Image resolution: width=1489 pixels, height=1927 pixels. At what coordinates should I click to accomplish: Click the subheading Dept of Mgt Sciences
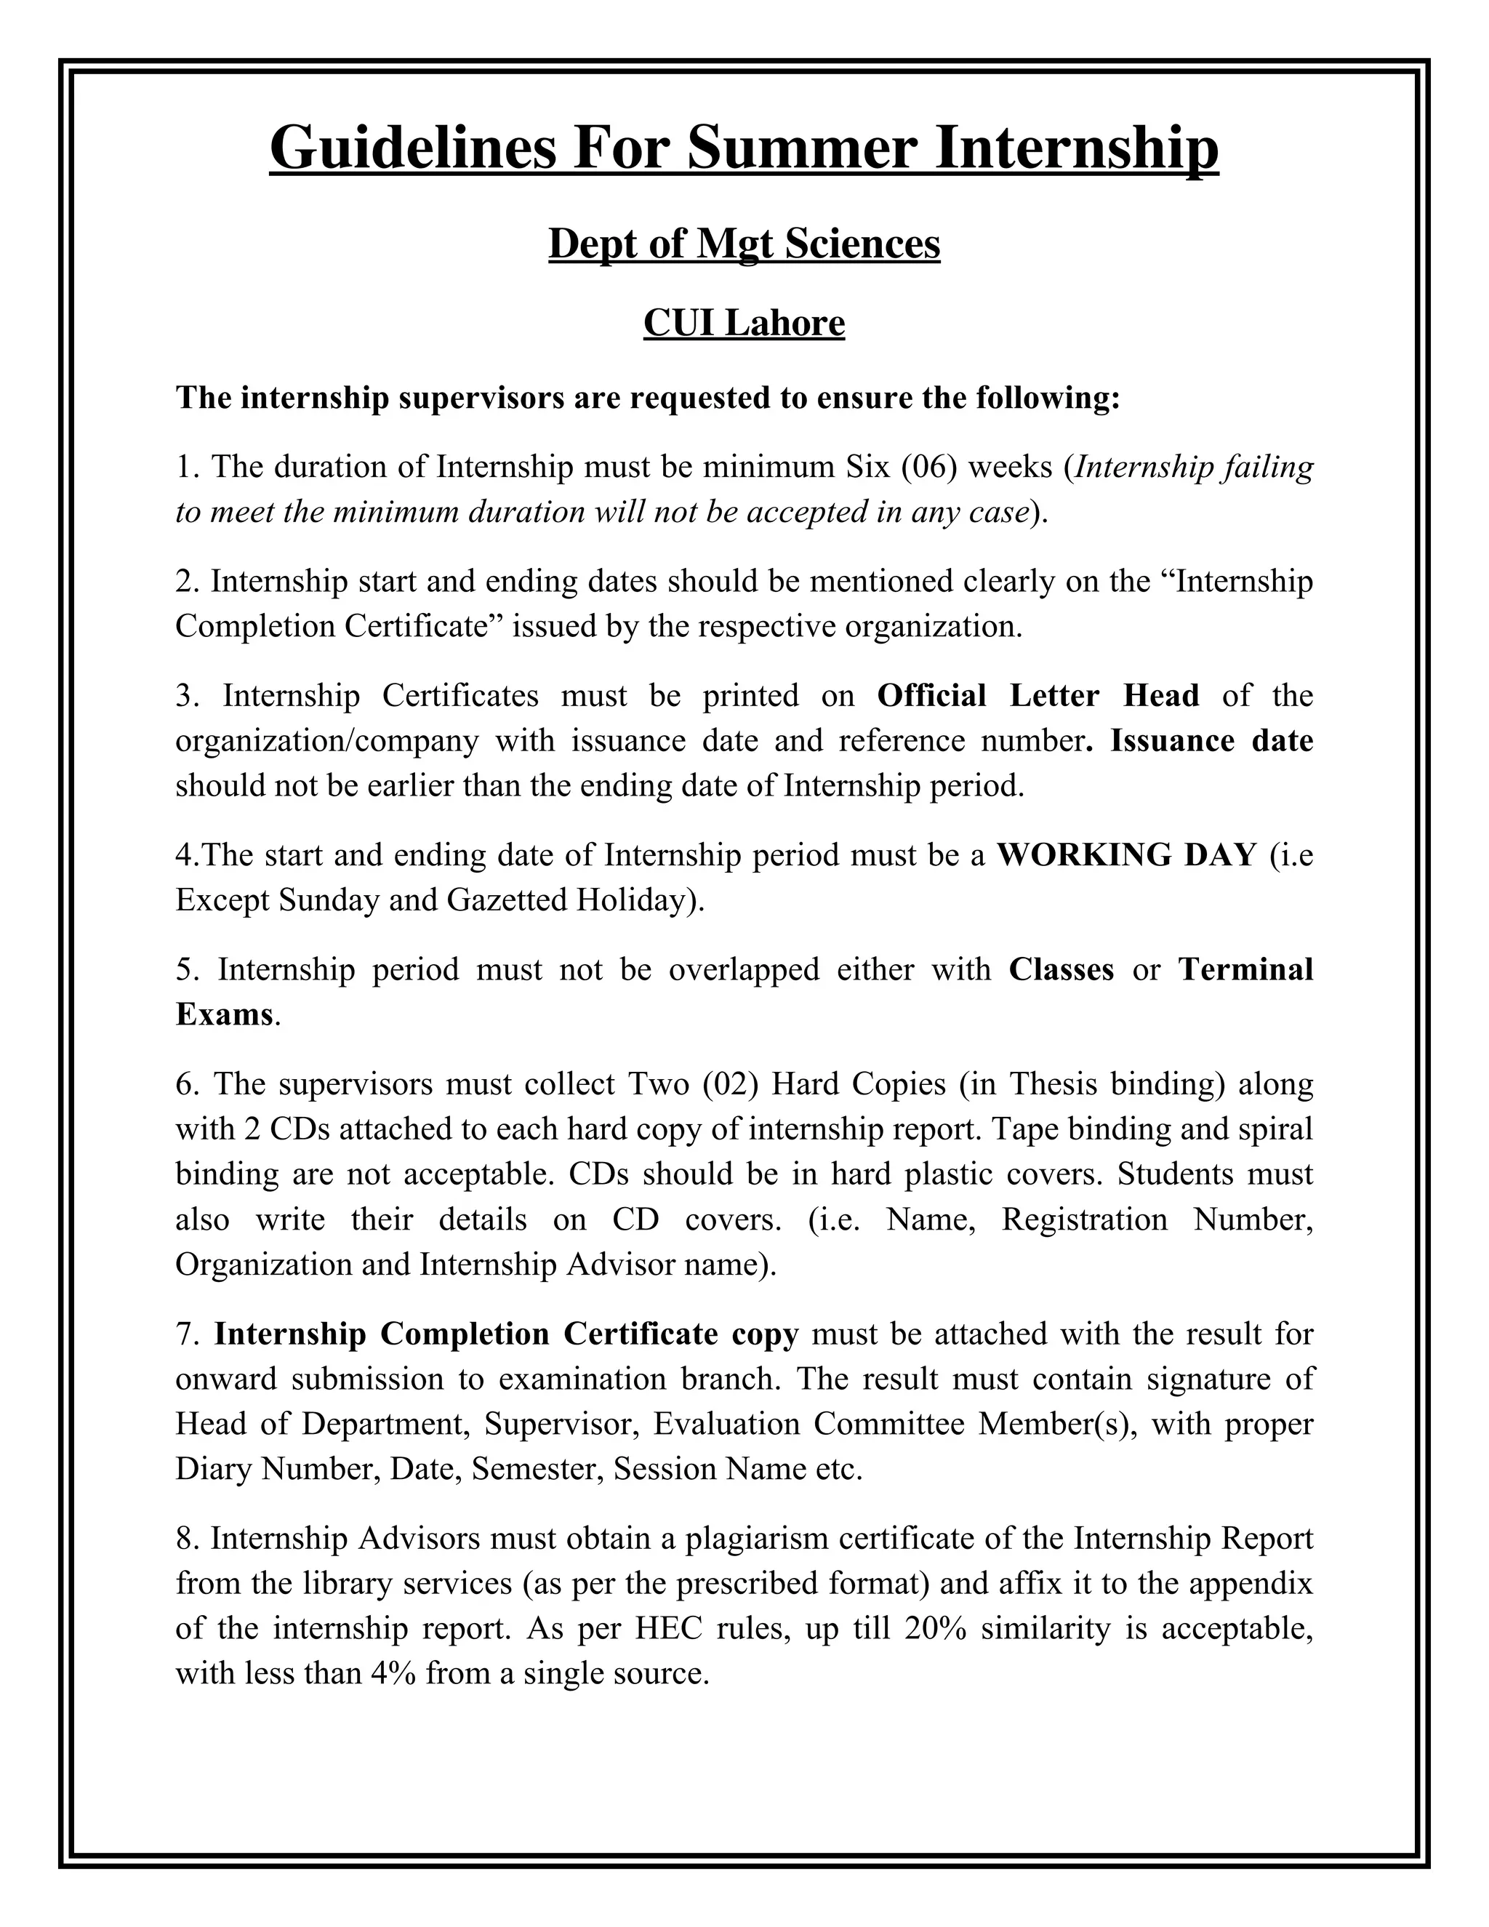pos(744,244)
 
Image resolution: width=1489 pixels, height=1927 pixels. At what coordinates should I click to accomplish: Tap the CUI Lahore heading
pos(744,323)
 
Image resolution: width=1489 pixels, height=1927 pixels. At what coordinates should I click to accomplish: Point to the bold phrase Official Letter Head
pos(1038,695)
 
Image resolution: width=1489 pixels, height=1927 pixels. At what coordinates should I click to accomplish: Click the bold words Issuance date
pos(1211,740)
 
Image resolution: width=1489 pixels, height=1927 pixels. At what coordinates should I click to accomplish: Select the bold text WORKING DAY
pos(1125,855)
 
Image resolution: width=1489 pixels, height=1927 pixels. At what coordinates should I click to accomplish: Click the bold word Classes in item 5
pos(1061,969)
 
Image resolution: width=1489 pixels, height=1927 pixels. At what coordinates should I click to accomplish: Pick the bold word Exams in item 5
pos(224,1014)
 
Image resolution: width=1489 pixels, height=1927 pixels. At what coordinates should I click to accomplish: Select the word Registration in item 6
pos(1084,1219)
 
